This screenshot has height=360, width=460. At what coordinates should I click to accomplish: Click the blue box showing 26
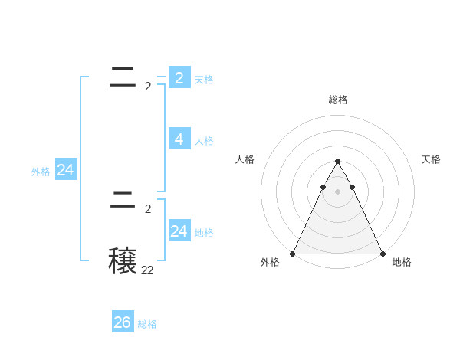123,322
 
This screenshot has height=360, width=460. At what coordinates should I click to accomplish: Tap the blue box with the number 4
179,139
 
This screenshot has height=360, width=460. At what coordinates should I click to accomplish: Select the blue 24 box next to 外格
66,170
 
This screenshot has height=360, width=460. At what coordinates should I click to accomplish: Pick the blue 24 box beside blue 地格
179,231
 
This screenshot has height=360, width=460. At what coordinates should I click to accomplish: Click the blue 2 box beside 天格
179,77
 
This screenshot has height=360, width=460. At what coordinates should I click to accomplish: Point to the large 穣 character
123,260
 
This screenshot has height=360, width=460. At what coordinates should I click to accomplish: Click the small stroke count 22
147,270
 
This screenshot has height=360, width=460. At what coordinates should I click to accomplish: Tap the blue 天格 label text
204,79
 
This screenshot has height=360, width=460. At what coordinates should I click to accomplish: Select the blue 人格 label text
204,141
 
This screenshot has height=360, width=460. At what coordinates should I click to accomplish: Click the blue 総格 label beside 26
147,324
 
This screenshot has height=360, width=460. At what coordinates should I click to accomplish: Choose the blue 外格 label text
41,172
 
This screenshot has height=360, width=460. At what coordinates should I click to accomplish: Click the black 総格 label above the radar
337,100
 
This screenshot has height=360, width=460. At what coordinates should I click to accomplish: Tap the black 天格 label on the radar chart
431,159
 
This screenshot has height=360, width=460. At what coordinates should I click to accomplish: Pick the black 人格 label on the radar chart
245,159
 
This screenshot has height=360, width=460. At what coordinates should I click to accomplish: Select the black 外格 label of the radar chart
270,262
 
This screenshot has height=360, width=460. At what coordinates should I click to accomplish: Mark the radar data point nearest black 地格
382,254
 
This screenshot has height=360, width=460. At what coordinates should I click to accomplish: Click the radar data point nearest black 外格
293,254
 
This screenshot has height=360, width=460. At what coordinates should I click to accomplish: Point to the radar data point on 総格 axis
337,162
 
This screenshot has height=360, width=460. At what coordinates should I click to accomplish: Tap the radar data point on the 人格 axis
323,187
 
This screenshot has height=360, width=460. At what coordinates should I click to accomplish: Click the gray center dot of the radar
337,191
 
